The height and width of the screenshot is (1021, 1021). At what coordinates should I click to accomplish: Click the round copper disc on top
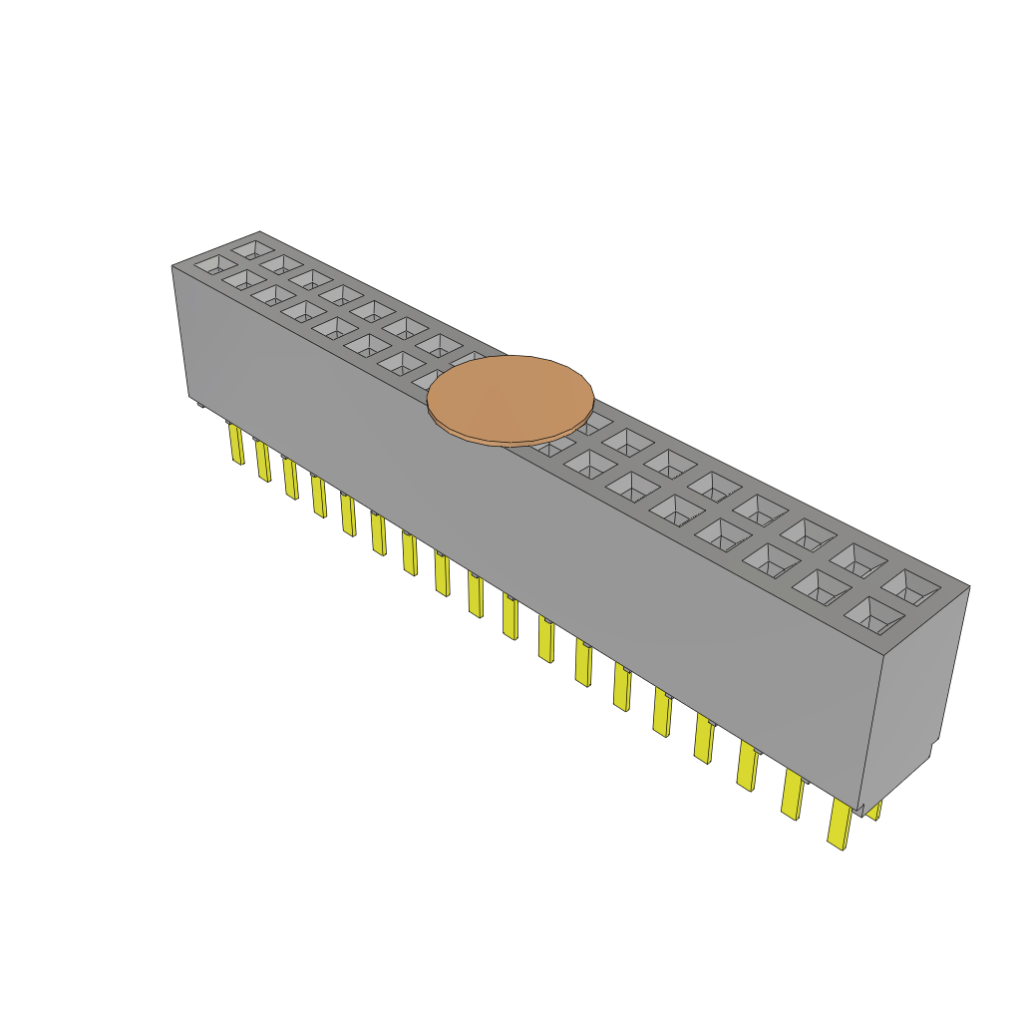[510, 399]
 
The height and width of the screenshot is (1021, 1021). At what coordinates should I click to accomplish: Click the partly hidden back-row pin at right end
[874, 811]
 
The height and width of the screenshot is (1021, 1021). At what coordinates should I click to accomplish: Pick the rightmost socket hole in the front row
[870, 615]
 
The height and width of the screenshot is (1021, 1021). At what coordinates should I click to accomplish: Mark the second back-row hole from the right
[859, 560]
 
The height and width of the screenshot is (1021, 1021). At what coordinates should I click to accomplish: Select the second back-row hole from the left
[281, 262]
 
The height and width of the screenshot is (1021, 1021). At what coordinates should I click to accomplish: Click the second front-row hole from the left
[241, 280]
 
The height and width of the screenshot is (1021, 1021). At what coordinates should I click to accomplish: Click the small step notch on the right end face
[933, 749]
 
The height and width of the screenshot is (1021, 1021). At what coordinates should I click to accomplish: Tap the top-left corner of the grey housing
[173, 266]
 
